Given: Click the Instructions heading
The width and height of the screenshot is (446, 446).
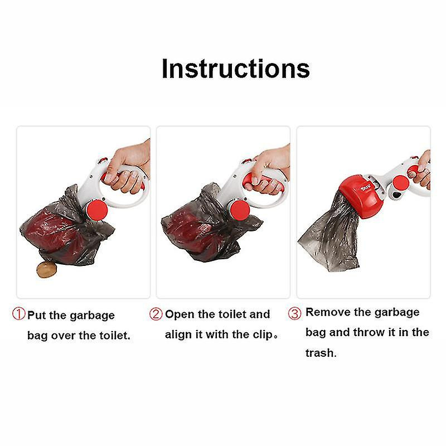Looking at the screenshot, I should (235, 69).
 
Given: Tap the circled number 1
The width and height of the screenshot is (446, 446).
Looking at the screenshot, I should (18, 315).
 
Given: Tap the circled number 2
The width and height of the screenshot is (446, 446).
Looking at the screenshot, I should (156, 314).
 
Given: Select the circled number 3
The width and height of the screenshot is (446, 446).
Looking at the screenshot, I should (294, 313).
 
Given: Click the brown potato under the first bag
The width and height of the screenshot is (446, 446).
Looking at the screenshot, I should (46, 270).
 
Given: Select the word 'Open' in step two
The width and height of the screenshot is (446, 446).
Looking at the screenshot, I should (180, 314).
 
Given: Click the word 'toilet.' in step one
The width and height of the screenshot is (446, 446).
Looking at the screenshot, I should (111, 336).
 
